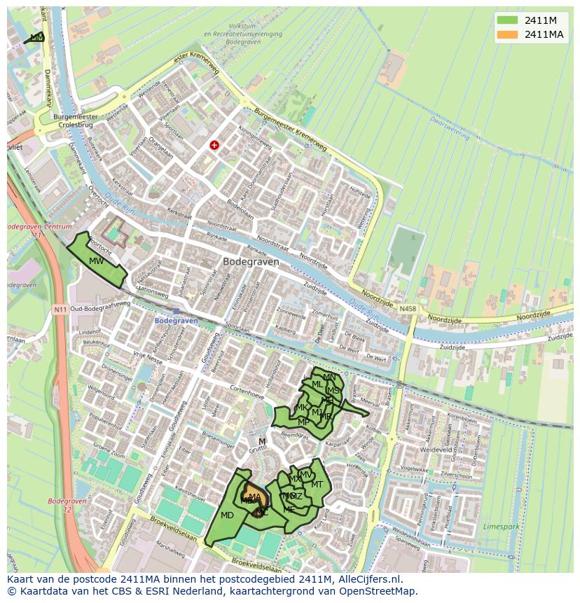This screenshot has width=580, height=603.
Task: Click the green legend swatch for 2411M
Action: (508, 20)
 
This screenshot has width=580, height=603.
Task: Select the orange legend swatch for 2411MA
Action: (508, 34)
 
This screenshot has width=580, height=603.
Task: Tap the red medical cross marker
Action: (214, 145)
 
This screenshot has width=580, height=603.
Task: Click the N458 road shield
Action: (407, 308)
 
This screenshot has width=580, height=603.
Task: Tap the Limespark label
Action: (502, 525)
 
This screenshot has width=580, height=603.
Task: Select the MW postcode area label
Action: (97, 261)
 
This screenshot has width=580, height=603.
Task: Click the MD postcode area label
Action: (227, 515)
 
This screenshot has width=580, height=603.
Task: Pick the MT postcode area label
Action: (317, 485)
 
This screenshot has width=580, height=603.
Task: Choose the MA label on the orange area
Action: (254, 497)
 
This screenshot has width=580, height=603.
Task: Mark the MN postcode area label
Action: (329, 377)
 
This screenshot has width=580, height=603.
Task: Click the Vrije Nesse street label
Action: (148, 356)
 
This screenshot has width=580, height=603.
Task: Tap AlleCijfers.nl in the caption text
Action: (364, 579)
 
